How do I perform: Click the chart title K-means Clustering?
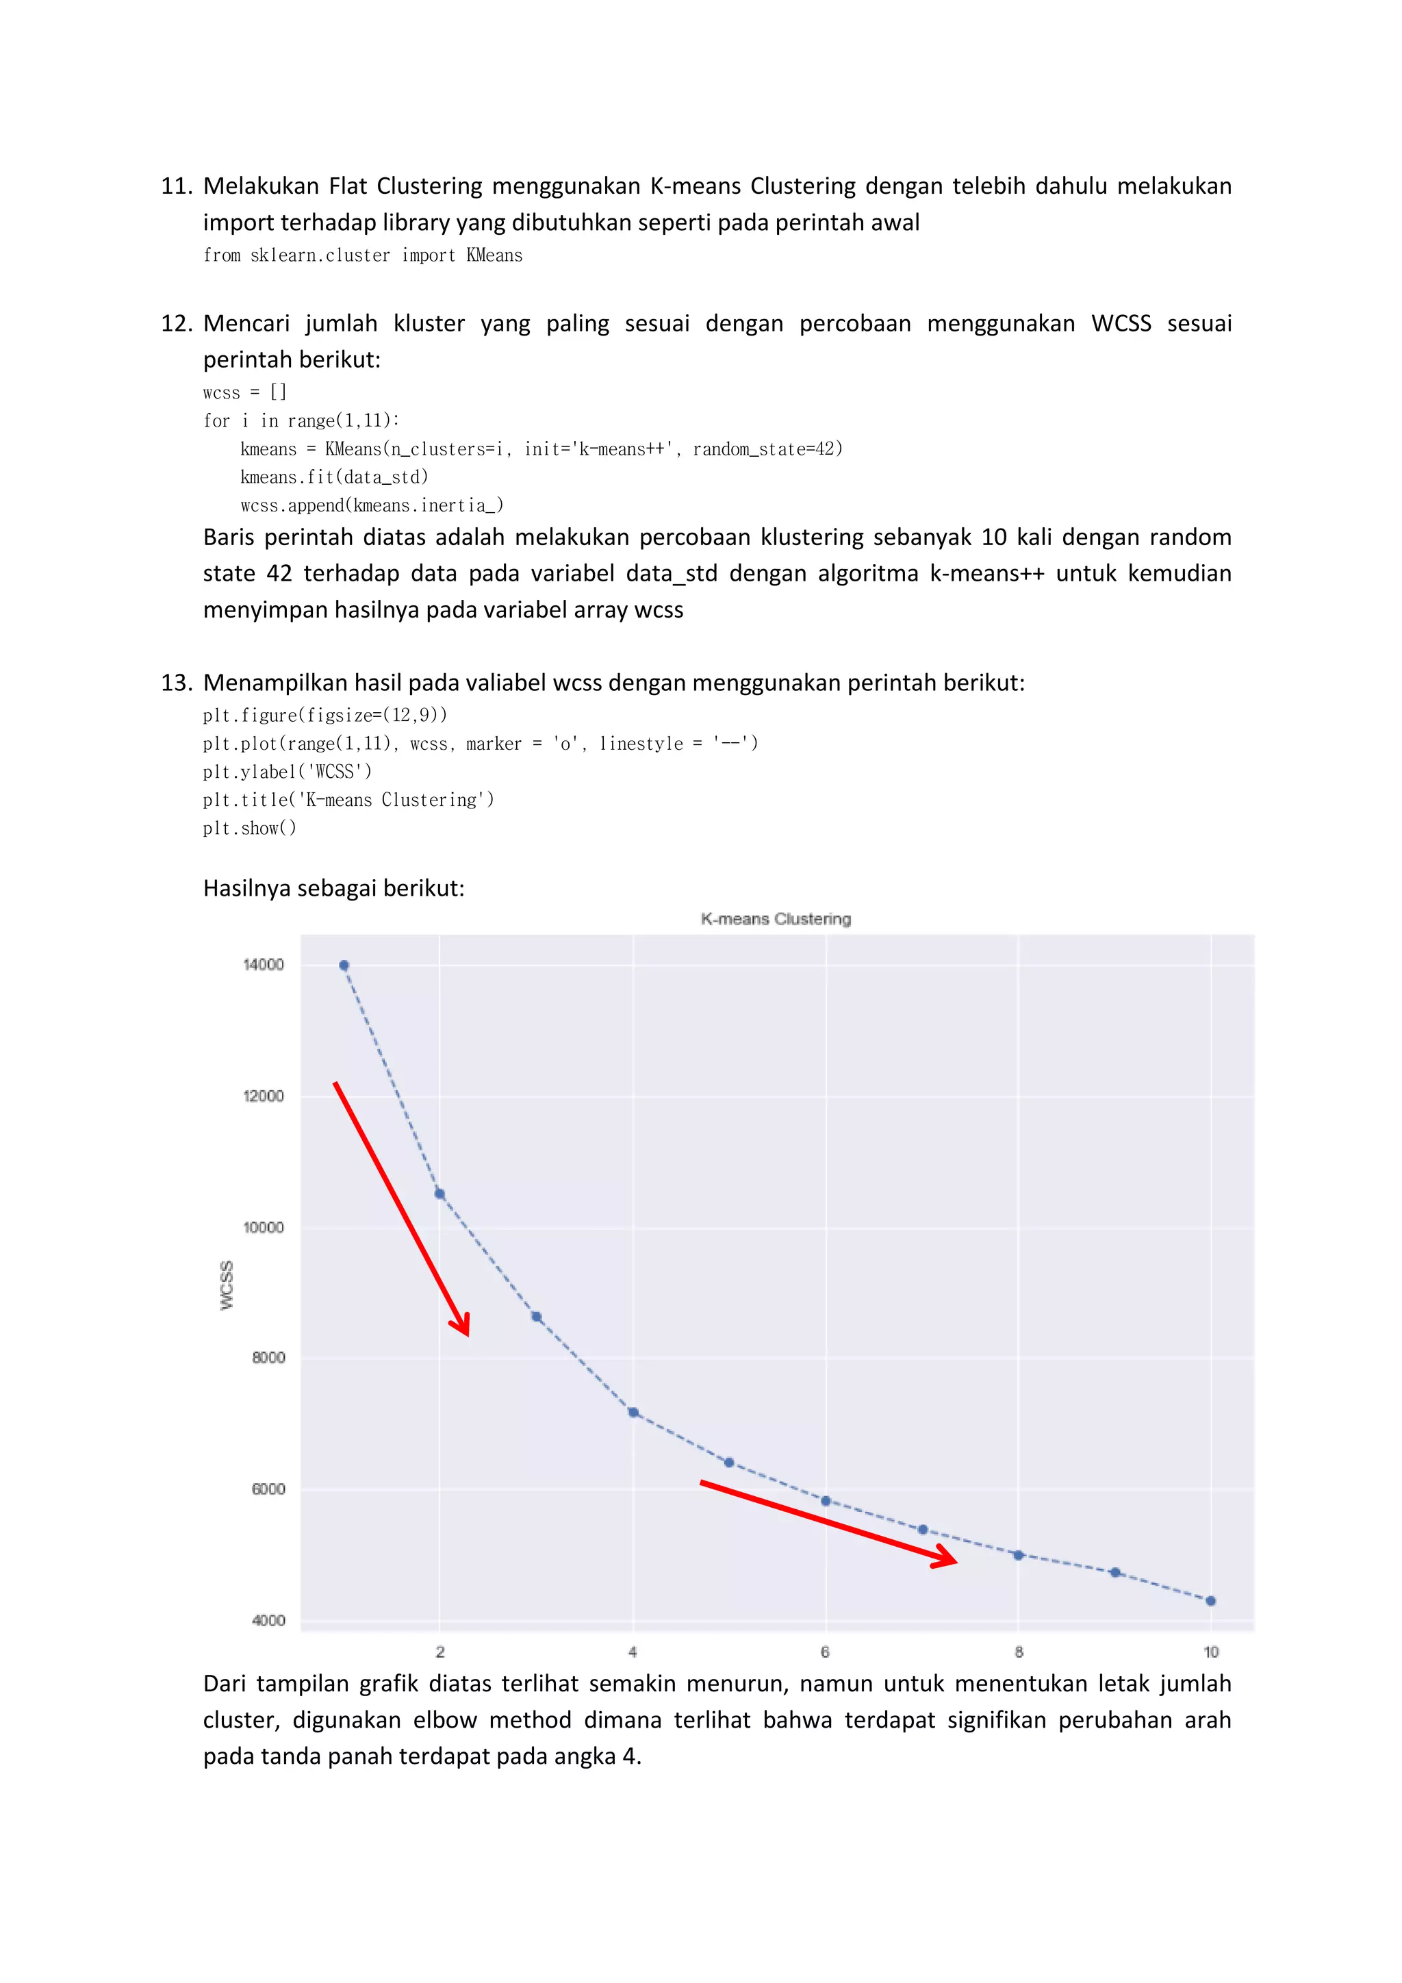point(775,919)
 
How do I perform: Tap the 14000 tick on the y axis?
point(264,965)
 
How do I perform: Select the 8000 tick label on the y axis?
point(268,1358)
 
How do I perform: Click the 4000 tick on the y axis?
point(268,1620)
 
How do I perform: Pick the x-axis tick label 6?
point(826,1652)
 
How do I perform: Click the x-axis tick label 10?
point(1210,1652)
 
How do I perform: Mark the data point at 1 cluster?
point(344,965)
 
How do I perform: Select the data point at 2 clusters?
point(439,1193)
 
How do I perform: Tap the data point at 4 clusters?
point(633,1412)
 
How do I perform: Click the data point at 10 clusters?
point(1210,1600)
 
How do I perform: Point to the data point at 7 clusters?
point(922,1530)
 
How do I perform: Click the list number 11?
point(175,186)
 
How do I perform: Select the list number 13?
point(175,683)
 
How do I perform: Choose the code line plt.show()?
point(249,829)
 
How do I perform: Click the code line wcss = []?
point(244,393)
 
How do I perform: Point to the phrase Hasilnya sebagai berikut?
point(333,889)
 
